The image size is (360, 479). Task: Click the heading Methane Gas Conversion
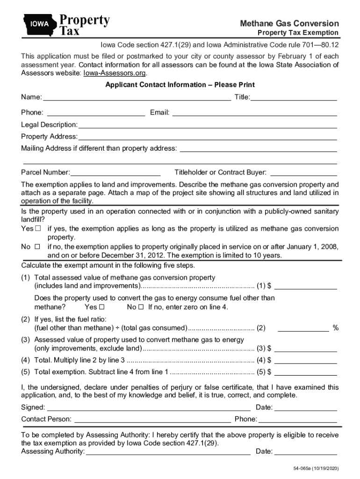pos(289,23)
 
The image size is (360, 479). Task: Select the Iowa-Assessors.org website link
pos(115,73)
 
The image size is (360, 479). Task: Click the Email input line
pos(254,113)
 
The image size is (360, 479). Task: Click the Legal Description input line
pos(208,125)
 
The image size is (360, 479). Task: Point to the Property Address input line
pos(208,137)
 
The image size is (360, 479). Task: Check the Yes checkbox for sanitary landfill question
pos(38,229)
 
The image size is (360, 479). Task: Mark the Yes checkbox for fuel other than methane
pos(101,307)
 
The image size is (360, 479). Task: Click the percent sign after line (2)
pos(335,328)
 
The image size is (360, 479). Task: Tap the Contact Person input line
pos(152,419)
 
